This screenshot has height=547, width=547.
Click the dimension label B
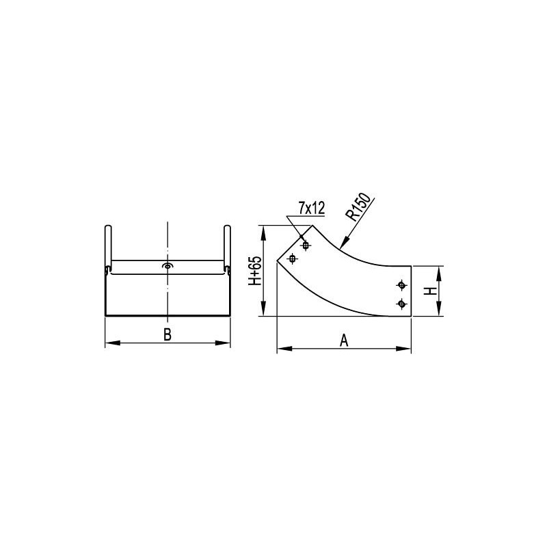click(x=168, y=334)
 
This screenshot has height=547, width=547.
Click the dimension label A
click(x=344, y=340)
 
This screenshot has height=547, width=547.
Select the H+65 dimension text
click(x=255, y=271)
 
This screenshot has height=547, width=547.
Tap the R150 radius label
click(x=360, y=207)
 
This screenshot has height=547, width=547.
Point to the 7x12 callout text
click(x=312, y=209)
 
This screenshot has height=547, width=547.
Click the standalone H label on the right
click(x=431, y=291)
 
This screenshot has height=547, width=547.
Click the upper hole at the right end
click(x=402, y=285)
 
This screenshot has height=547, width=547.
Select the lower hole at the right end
click(x=402, y=304)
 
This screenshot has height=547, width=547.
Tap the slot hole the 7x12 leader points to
click(x=306, y=245)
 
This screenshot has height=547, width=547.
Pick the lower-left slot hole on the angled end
click(x=293, y=259)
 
